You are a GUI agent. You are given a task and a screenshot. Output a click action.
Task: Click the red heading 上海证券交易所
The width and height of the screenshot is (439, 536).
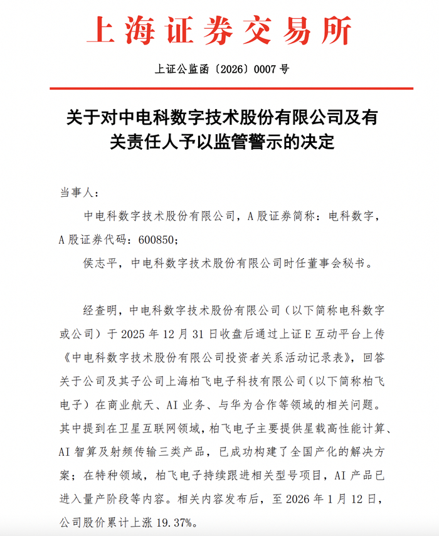pos(219,30)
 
